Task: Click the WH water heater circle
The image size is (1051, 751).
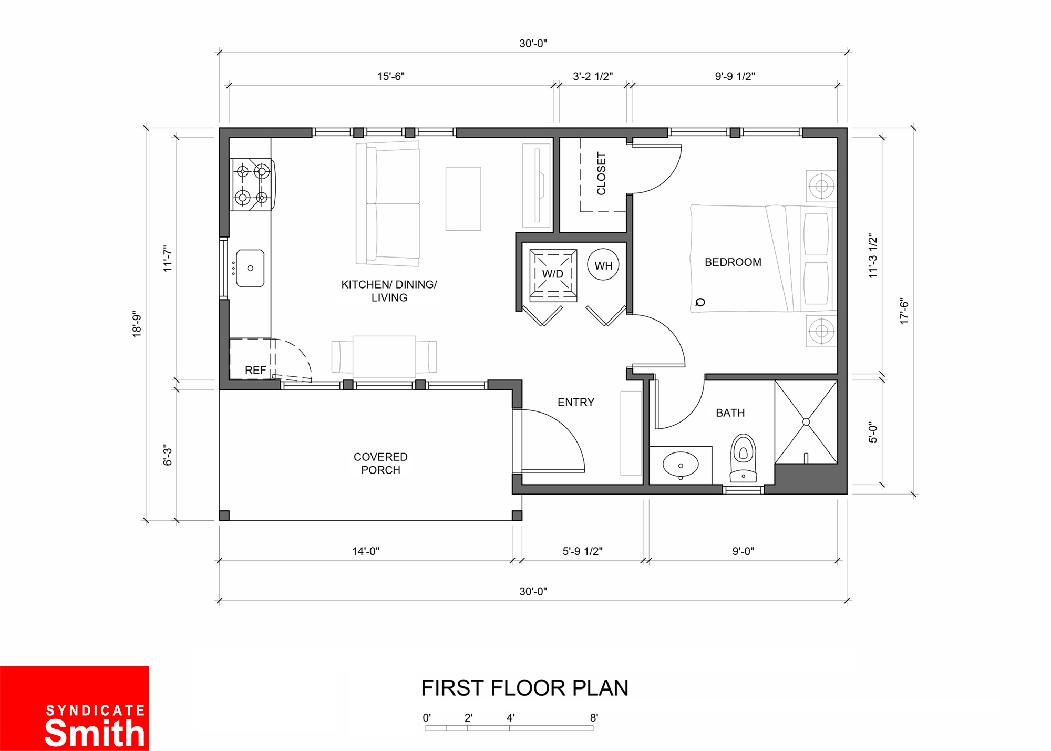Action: [603, 264]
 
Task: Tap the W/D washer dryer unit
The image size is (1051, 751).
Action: [553, 275]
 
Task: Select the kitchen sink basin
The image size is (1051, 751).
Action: [250, 268]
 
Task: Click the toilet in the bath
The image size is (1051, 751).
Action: [743, 458]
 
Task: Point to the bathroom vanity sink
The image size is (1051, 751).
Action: [681, 465]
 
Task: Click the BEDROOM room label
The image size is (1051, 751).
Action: [733, 262]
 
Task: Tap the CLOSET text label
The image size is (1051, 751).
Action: [602, 173]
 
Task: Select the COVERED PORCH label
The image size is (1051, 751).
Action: [380, 464]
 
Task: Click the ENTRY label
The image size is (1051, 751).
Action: [576, 403]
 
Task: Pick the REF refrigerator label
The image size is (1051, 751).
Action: [255, 371]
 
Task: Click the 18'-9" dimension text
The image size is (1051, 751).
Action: [137, 324]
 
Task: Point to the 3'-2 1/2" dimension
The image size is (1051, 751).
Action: [593, 77]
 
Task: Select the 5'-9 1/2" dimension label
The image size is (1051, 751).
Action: [582, 551]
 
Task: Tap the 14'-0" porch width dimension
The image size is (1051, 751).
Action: [366, 551]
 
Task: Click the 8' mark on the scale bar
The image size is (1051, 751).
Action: [594, 718]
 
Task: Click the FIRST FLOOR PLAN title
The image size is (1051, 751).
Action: [524, 688]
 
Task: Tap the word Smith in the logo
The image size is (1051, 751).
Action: [95, 733]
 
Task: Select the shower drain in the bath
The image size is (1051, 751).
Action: [806, 422]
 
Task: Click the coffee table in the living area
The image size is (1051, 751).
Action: [463, 199]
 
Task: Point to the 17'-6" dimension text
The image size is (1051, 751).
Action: [904, 311]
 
